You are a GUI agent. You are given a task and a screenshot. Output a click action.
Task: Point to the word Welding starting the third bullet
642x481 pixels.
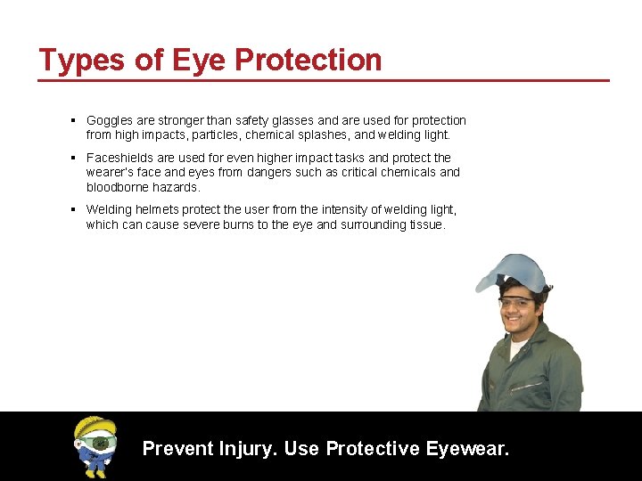[109, 210]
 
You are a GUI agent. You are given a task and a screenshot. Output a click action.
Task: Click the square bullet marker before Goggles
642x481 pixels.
[72, 120]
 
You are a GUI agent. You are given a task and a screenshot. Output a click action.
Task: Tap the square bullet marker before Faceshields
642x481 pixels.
[72, 158]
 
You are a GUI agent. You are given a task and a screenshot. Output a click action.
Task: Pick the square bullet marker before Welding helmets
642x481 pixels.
[72, 210]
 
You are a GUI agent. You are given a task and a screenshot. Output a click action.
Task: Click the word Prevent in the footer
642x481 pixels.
[177, 448]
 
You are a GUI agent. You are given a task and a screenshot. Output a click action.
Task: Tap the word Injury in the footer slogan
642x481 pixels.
[250, 448]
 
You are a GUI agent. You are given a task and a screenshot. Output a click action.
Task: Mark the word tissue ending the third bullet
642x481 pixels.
[424, 225]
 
